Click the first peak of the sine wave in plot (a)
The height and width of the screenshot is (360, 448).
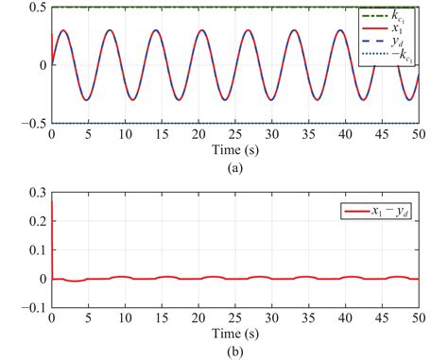click(63, 30)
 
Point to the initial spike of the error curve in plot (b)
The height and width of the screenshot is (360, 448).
click(52, 203)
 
